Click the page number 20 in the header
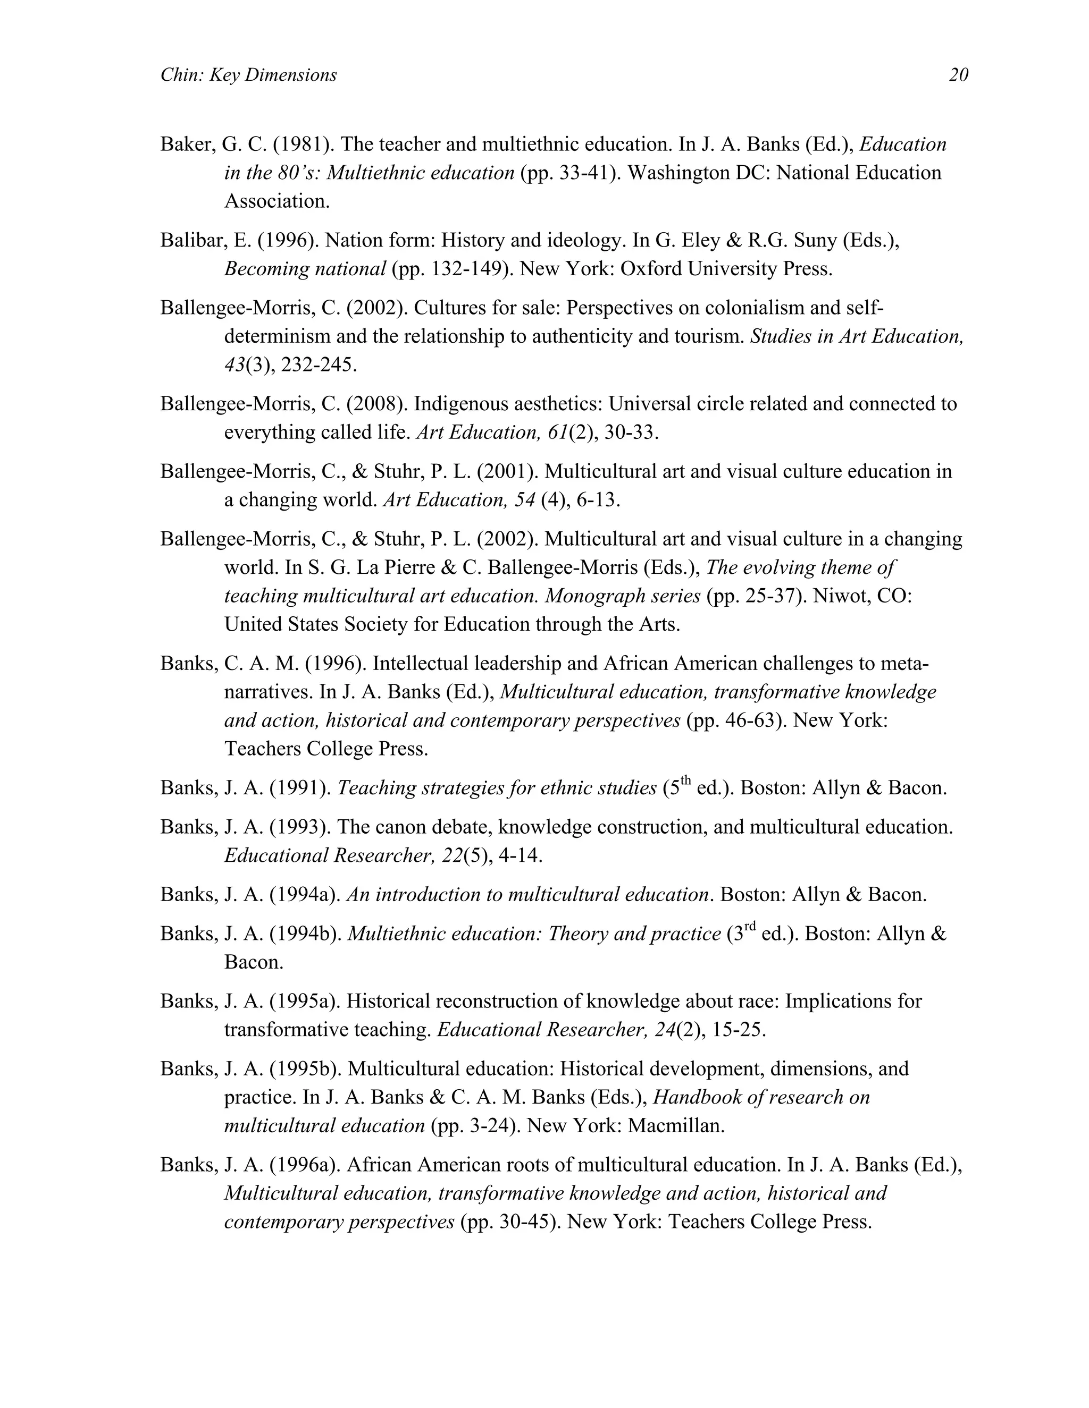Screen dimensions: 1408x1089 coord(958,75)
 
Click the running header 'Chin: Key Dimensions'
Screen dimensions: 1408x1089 coord(248,75)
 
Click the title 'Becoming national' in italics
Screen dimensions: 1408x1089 coord(305,269)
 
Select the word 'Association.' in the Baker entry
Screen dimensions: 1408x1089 coord(277,202)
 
